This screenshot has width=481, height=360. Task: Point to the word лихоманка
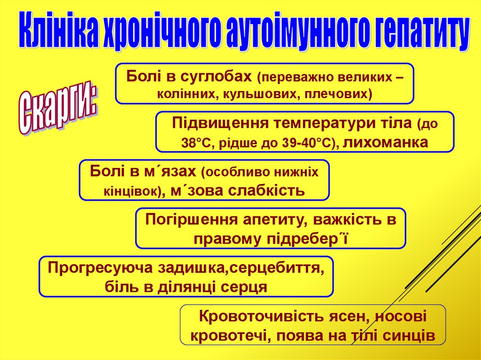click(386, 142)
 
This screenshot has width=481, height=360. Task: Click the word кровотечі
click(231, 336)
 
